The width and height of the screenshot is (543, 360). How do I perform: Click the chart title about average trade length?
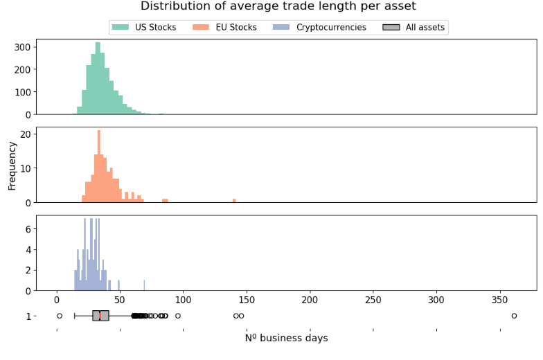pos(278,6)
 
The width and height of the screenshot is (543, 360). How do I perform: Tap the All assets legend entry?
pos(414,28)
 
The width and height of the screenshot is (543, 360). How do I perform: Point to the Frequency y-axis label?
pos(12,165)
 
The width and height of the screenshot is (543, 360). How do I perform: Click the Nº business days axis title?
pos(286,339)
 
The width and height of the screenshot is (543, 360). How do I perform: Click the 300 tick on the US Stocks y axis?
pos(23,47)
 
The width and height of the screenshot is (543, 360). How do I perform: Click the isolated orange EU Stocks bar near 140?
pos(234,201)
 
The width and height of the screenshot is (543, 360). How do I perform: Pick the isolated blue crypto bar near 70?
pos(144,285)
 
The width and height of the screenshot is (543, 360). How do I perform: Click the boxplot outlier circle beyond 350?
pos(514,316)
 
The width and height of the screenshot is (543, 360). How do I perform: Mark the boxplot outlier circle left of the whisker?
pos(60,316)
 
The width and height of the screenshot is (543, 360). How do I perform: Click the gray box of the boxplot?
pos(101,316)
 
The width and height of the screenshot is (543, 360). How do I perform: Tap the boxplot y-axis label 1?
pos(28,316)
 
